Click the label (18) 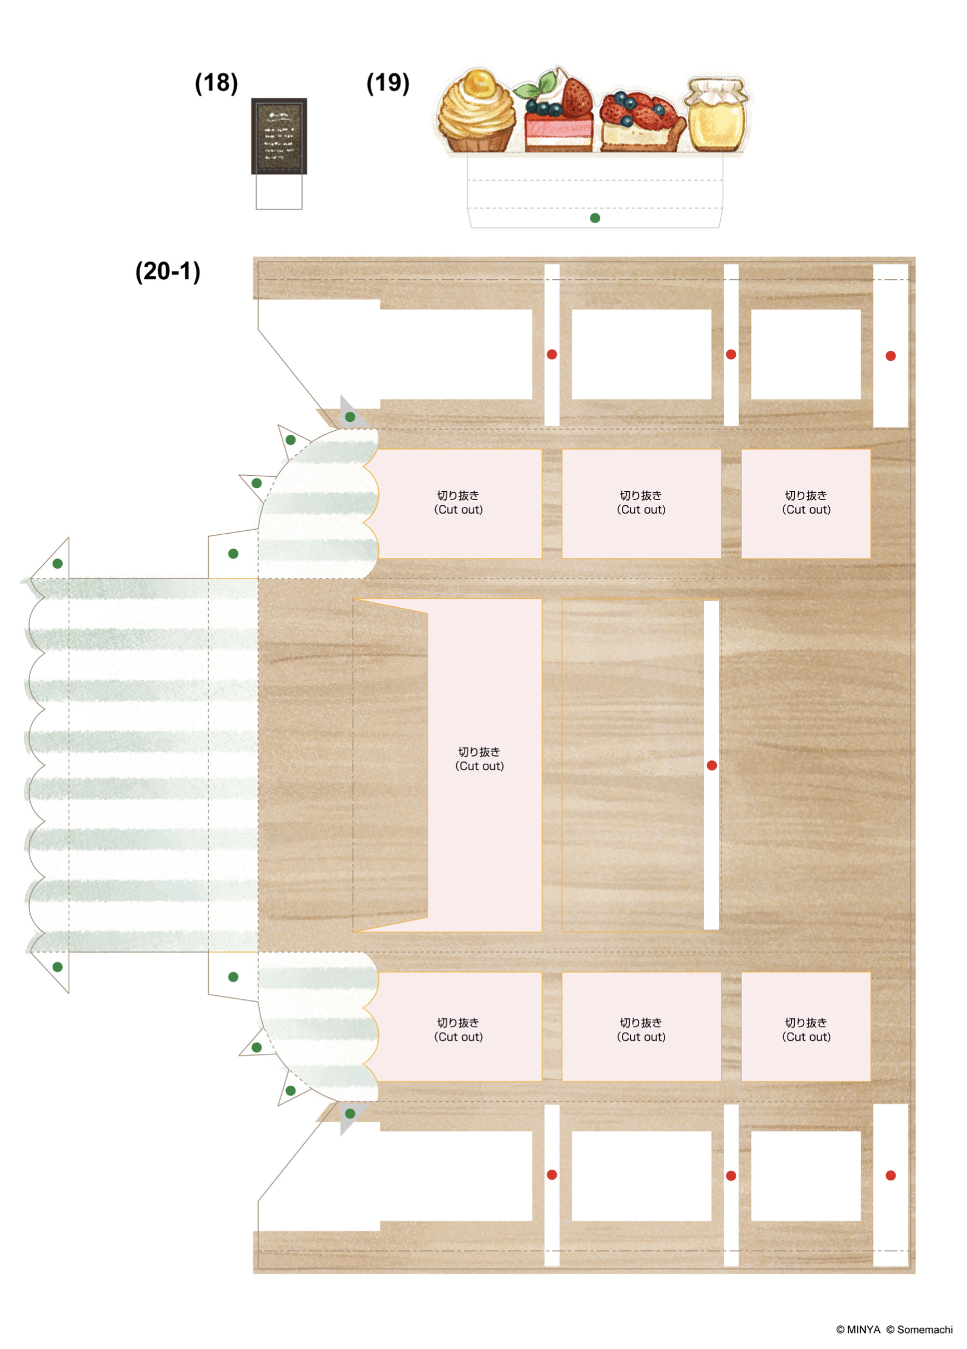pyautogui.click(x=216, y=83)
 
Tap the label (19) pyautogui.click(x=388, y=83)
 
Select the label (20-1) pyautogui.click(x=167, y=271)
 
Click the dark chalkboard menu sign pyautogui.click(x=279, y=135)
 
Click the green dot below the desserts pyautogui.click(x=595, y=218)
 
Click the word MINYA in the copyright pyautogui.click(x=863, y=1329)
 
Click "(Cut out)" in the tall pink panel pyautogui.click(x=479, y=766)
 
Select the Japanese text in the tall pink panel pyautogui.click(x=479, y=752)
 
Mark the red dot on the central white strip pyautogui.click(x=712, y=766)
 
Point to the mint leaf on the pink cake pyautogui.click(x=527, y=90)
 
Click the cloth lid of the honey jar pyautogui.click(x=717, y=89)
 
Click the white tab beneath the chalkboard pyautogui.click(x=279, y=192)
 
